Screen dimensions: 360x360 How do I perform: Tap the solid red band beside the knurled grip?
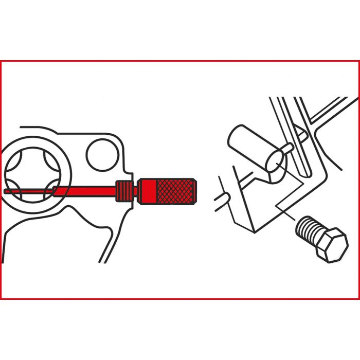[x=148, y=190]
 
